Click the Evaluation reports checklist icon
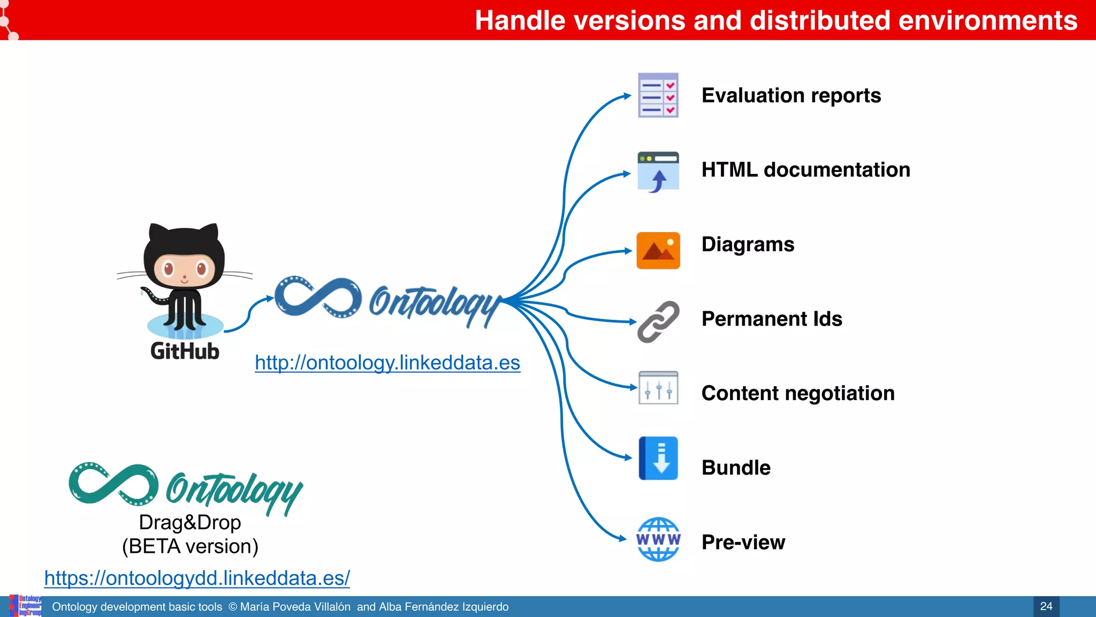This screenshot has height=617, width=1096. click(658, 95)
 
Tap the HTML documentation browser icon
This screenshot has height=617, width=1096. click(658, 171)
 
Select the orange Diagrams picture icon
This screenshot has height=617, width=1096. click(658, 250)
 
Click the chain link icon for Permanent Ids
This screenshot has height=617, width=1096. click(658, 321)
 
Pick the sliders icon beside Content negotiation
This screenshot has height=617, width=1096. click(658, 388)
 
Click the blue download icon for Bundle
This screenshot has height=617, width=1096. click(658, 458)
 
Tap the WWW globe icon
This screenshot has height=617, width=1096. click(658, 539)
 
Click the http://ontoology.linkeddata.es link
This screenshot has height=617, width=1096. click(387, 363)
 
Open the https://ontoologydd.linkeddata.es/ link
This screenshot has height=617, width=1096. click(197, 578)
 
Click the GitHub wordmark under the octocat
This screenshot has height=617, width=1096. click(185, 351)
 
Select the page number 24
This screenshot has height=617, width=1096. click(1046, 606)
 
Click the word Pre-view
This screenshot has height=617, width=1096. click(743, 542)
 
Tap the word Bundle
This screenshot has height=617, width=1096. click(736, 468)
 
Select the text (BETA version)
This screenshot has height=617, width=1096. click(190, 546)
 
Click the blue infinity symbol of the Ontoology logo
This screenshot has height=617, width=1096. click(317, 297)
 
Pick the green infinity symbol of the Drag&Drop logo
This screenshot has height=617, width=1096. click(113, 484)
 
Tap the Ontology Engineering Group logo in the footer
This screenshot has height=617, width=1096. click(26, 606)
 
